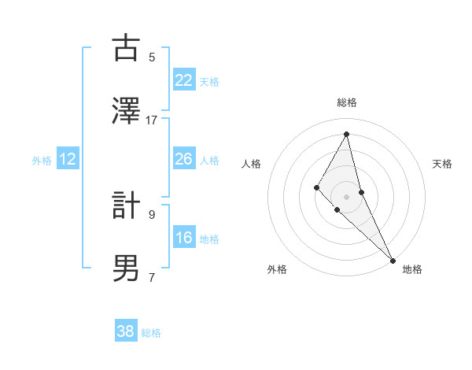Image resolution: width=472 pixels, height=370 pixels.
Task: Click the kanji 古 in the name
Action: click(126, 48)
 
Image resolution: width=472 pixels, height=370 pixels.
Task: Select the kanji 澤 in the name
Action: click(126, 111)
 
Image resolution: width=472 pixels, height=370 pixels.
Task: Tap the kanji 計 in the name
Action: click(126, 205)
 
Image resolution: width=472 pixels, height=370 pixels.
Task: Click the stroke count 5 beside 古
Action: click(152, 57)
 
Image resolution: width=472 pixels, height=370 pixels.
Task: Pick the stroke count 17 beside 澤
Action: click(152, 120)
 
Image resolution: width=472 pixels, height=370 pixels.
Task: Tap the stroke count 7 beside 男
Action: click(152, 277)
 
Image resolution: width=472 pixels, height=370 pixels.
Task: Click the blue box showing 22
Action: click(184, 80)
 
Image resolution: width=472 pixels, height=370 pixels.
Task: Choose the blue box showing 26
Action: click(184, 159)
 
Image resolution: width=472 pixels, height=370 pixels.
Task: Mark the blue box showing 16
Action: click(184, 238)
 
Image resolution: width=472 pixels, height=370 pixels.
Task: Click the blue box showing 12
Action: click(68, 159)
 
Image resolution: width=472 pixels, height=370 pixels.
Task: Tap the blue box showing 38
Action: click(126, 331)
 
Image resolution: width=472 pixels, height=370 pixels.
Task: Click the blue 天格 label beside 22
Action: click(209, 81)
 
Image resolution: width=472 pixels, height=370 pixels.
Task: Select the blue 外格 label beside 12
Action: click(42, 160)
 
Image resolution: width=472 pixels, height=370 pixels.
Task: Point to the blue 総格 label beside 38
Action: click(151, 332)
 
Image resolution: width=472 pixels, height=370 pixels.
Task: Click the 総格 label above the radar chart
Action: click(347, 102)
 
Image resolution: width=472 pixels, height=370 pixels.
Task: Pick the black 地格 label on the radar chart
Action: click(412, 269)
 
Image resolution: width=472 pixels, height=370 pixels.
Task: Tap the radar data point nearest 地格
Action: click(392, 259)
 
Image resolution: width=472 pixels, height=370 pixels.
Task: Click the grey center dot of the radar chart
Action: click(346, 196)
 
